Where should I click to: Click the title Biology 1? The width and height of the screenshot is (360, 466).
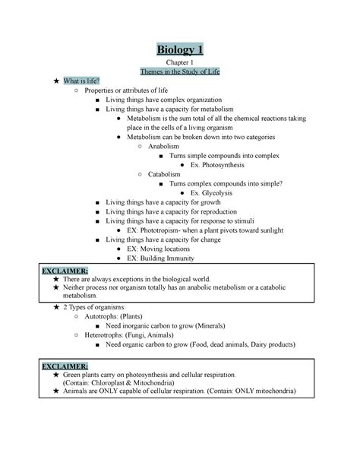point(180,51)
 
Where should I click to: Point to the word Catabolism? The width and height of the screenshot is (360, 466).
point(165,174)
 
